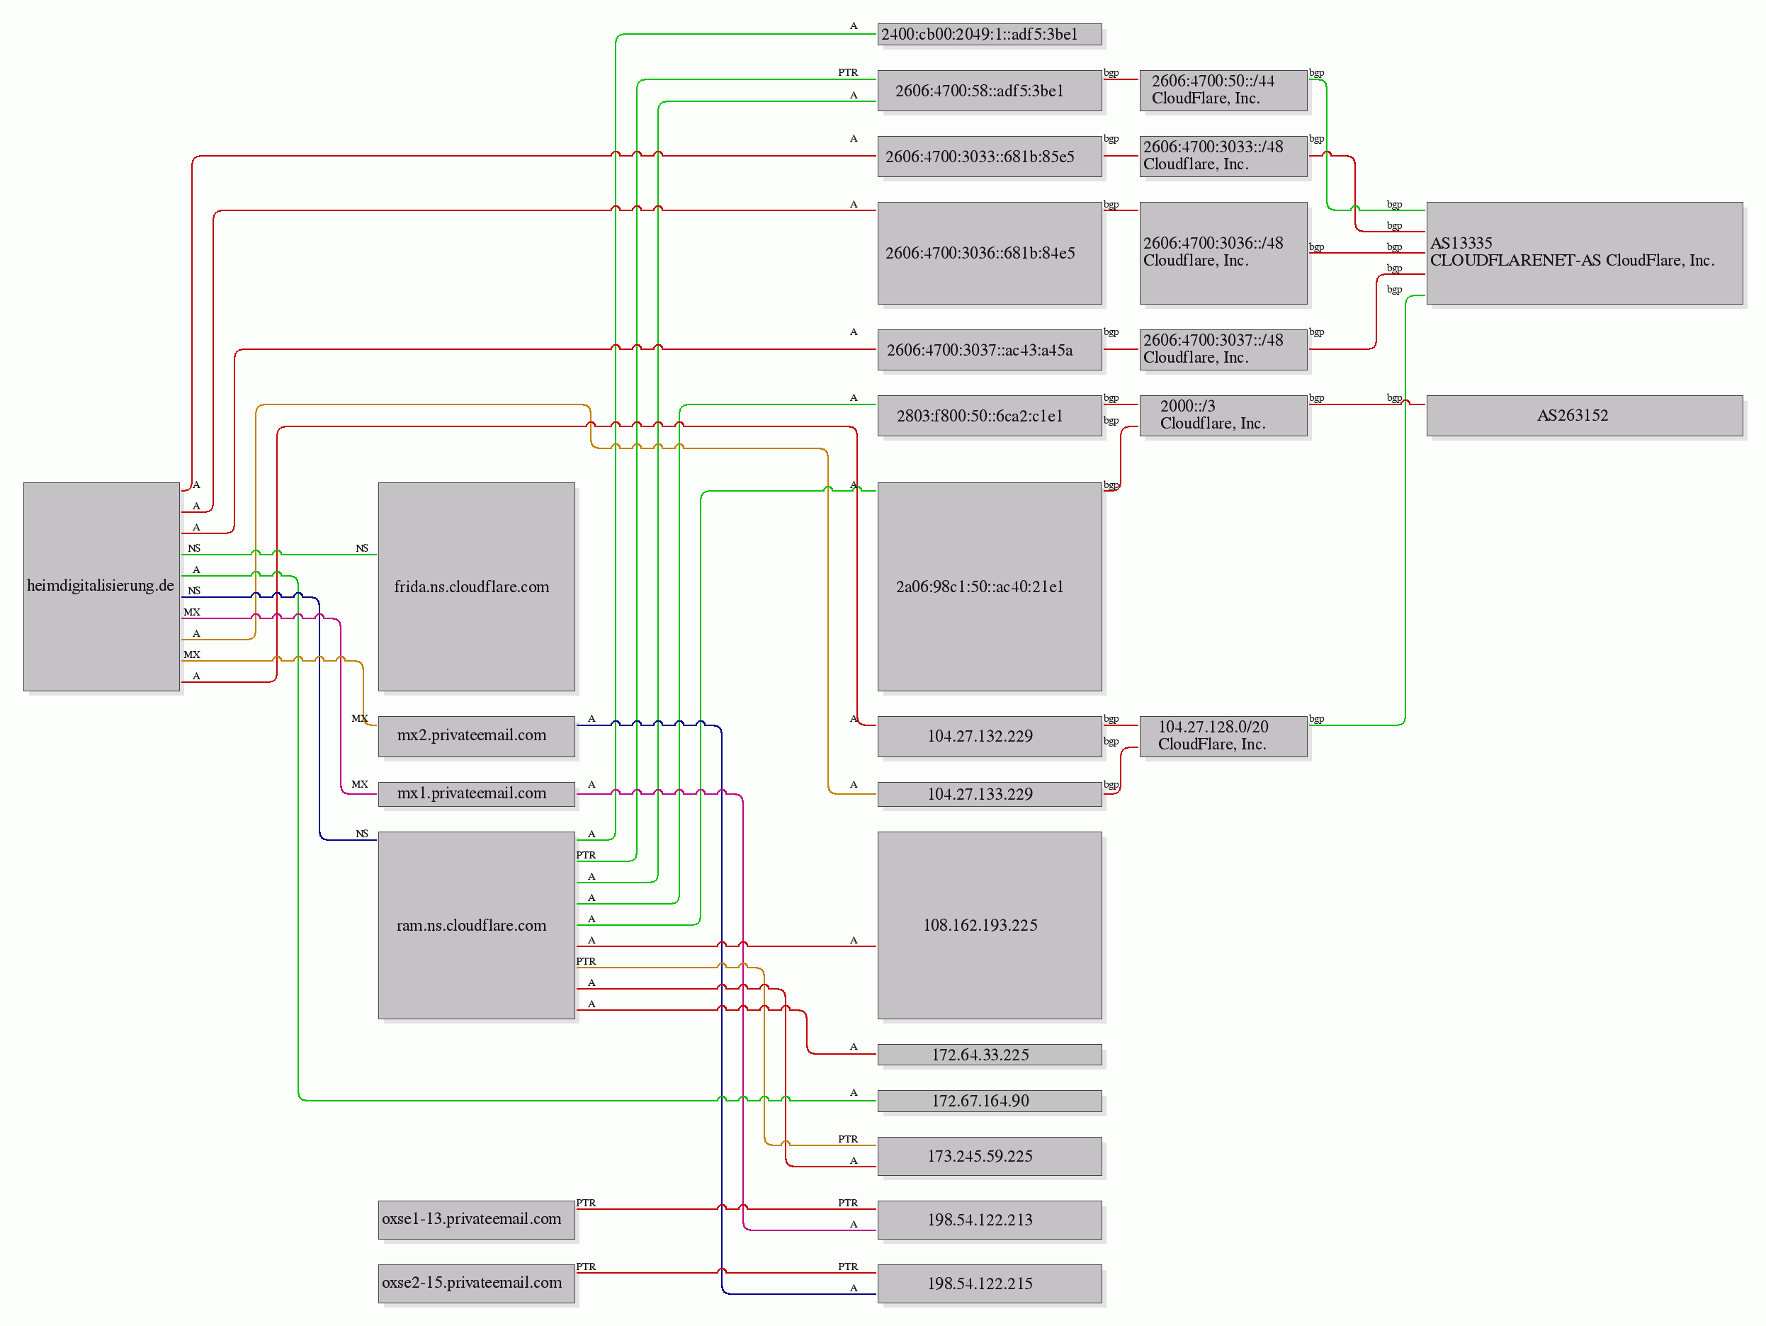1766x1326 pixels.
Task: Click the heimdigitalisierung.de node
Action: (x=101, y=586)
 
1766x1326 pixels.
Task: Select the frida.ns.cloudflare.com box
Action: (x=476, y=586)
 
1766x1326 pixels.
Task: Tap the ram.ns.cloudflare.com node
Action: (x=476, y=925)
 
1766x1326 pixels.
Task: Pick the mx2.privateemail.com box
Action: (x=476, y=736)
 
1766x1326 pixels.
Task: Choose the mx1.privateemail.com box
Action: (x=476, y=793)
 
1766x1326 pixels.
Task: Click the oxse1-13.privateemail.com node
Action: (x=476, y=1219)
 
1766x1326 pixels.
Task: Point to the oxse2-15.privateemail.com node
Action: (x=476, y=1283)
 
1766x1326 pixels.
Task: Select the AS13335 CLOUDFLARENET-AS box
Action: (x=1584, y=252)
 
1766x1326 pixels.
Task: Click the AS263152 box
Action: (x=1584, y=415)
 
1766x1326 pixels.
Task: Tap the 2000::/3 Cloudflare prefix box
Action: (x=1223, y=415)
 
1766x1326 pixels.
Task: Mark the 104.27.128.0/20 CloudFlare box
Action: (x=1223, y=736)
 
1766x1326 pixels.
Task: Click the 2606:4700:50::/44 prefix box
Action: (x=1223, y=90)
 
